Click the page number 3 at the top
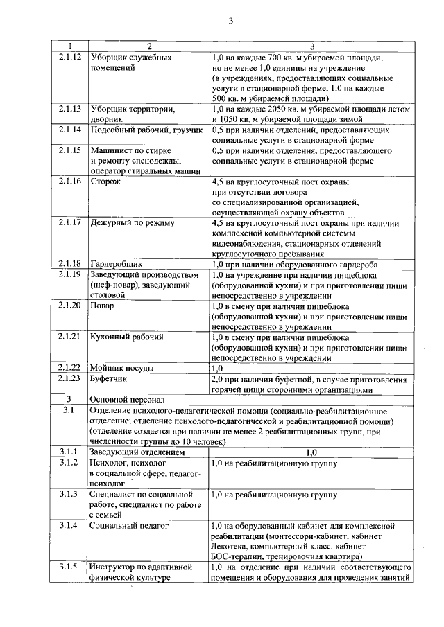(230, 21)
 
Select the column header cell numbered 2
(148, 46)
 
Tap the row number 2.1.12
(70, 57)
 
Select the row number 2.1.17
(70, 223)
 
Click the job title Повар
(103, 306)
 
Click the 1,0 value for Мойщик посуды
(217, 368)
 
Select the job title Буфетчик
(111, 379)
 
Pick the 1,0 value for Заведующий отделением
(311, 452)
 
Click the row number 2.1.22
(70, 368)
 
